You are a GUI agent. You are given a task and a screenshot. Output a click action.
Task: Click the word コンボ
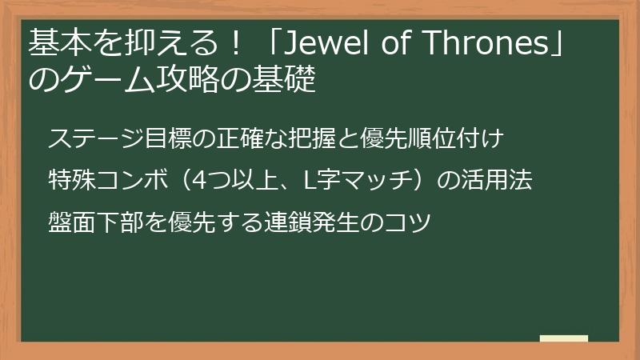click(x=134, y=180)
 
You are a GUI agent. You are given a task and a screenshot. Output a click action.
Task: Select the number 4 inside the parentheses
click(x=202, y=180)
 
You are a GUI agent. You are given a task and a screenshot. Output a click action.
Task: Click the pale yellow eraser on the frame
click(x=564, y=339)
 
